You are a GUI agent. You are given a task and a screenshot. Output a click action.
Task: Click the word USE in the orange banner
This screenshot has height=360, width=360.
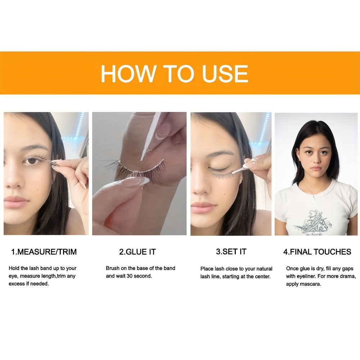pos(225,73)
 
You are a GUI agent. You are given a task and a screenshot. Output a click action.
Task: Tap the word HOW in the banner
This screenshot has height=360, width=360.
pos(128,73)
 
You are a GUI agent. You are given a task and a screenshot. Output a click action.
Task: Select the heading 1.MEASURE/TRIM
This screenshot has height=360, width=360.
pos(44,252)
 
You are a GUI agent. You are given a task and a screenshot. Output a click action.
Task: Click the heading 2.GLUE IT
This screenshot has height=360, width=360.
pos(137,252)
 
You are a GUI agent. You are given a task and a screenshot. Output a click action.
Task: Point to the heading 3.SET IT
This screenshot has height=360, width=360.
pos(231,252)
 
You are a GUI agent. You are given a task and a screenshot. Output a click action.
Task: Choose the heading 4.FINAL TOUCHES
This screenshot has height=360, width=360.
pos(317,252)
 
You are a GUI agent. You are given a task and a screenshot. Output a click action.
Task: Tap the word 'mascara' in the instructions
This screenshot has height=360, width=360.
pos(311,284)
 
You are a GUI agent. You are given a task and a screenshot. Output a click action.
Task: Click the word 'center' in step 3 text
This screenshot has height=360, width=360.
pos(263,276)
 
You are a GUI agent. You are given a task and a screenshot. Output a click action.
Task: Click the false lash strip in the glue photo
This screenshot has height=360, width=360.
pos(136,170)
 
